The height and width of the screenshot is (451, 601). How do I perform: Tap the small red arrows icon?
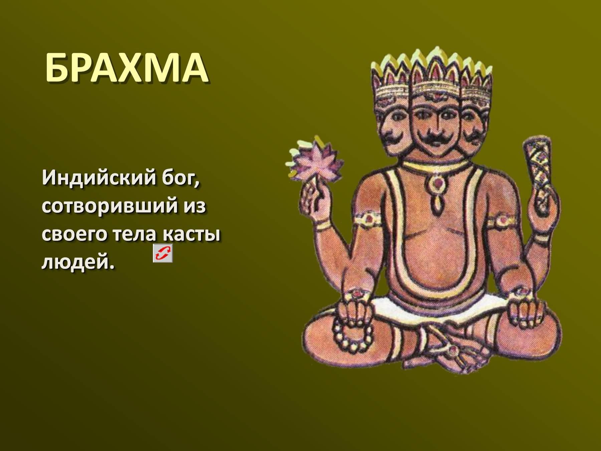(x=163, y=253)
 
